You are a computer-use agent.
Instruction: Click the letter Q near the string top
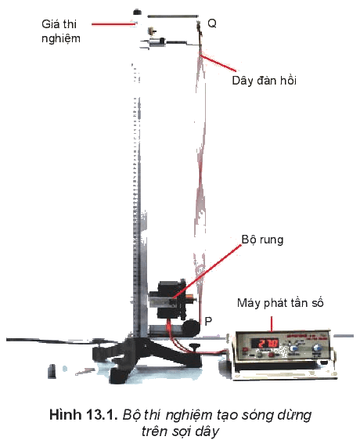212,23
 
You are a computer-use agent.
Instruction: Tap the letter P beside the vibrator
208,321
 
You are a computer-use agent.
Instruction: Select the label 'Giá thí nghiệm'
60,31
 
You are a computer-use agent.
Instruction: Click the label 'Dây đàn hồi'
264,81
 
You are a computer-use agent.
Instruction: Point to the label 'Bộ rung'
262,240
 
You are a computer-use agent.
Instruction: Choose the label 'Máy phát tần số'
280,303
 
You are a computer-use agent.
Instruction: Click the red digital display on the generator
265,343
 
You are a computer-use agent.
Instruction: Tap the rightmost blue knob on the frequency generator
317,348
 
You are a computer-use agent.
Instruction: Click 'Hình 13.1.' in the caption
83,415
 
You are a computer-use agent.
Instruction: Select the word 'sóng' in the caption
257,416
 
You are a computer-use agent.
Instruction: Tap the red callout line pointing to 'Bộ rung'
207,271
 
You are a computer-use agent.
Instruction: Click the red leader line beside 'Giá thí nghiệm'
113,24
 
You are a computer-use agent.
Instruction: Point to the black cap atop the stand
137,12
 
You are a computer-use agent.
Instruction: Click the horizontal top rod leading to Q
172,16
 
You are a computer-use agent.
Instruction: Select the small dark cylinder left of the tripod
52,371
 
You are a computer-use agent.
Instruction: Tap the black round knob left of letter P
192,326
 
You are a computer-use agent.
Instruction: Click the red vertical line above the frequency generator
272,324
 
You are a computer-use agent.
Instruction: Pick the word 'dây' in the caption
208,431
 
